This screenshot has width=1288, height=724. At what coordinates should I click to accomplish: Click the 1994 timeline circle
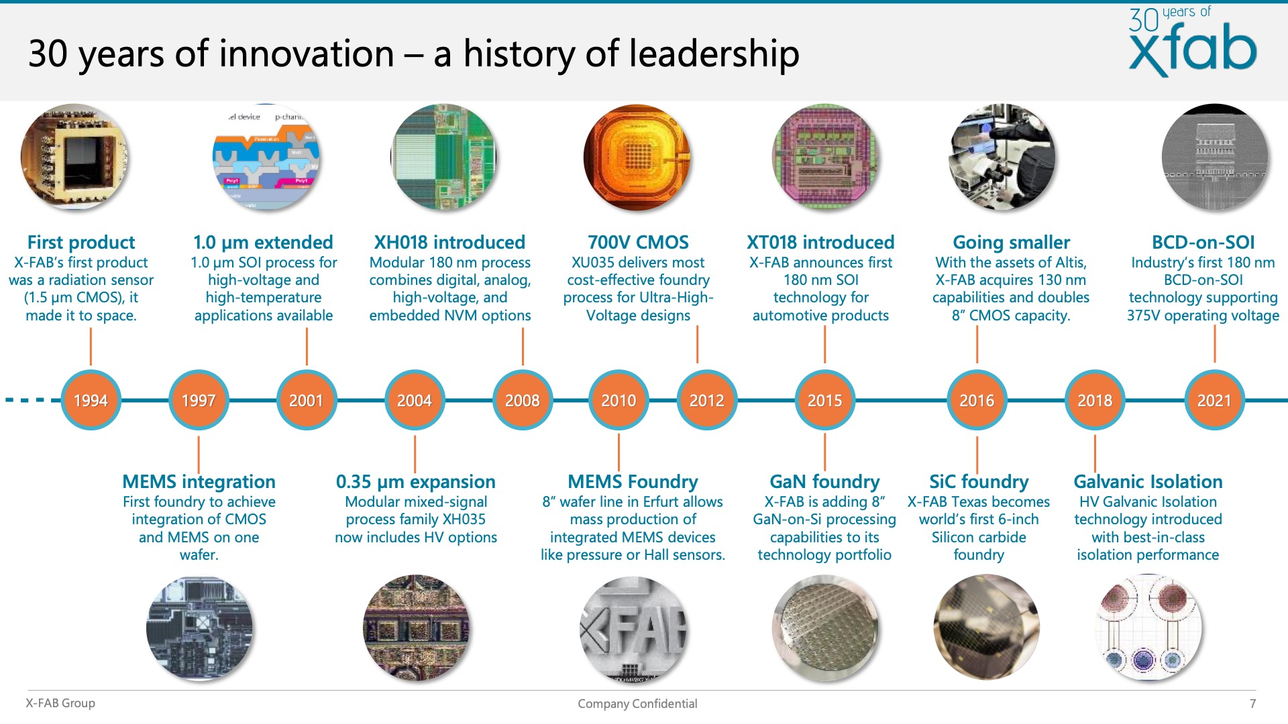click(91, 400)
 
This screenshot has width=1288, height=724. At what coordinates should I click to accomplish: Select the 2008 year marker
click(523, 400)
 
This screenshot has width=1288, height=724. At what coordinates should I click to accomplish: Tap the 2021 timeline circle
click(1214, 400)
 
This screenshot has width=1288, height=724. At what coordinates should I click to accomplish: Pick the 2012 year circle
click(707, 400)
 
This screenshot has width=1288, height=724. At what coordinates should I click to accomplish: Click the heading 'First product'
click(81, 242)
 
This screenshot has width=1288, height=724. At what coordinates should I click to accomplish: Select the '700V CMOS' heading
click(638, 242)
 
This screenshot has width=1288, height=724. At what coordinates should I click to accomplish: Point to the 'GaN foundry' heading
click(824, 481)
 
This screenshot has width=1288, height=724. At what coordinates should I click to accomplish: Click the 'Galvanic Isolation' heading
click(1148, 481)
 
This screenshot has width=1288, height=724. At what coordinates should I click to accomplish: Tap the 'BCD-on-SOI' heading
click(1203, 242)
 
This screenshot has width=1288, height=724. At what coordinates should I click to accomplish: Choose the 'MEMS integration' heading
click(199, 481)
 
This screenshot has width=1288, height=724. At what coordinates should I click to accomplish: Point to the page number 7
click(1252, 703)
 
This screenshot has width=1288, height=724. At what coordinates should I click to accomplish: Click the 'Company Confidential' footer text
click(637, 703)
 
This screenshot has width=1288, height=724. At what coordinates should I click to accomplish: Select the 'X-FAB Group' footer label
click(60, 703)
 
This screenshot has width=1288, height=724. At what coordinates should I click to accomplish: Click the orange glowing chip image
click(637, 158)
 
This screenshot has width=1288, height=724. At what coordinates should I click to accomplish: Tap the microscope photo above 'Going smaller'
click(1002, 158)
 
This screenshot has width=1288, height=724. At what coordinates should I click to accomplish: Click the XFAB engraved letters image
click(633, 629)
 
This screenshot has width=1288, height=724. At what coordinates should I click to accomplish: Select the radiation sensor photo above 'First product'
click(74, 158)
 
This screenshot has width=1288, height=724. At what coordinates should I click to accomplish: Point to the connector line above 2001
click(307, 346)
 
